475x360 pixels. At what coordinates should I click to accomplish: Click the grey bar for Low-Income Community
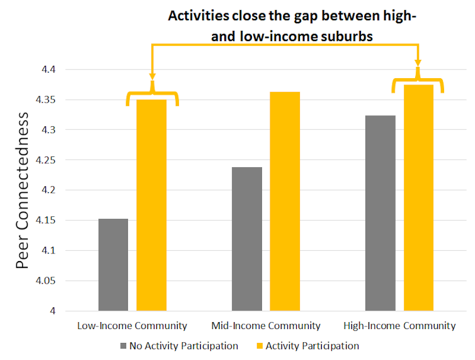point(113,265)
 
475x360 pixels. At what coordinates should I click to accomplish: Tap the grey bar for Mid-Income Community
point(247,239)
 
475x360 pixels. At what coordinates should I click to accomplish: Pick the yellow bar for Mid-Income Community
point(285,201)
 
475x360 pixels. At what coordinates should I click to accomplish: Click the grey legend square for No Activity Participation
point(123,346)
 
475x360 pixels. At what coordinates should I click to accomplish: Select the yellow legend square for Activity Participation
point(259,346)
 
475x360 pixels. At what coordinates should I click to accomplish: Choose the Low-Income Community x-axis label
point(132,326)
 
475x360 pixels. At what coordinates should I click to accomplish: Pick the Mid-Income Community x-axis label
point(266,326)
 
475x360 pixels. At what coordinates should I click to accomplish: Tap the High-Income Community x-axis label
point(399,326)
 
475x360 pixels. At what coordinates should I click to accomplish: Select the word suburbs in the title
point(346,37)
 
